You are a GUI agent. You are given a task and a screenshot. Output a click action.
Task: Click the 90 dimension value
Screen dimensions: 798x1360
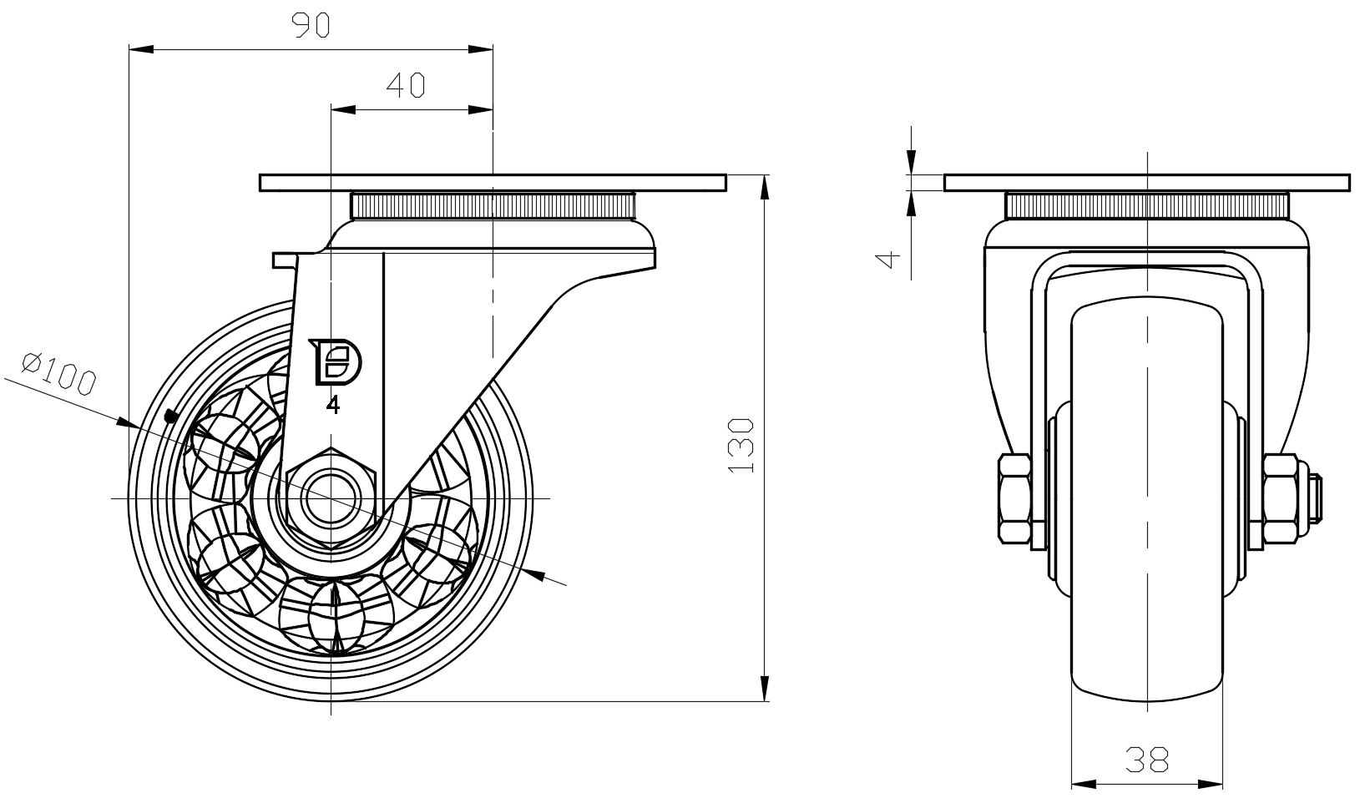click(311, 26)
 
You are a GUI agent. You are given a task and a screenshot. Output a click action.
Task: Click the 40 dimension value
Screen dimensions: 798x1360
click(407, 85)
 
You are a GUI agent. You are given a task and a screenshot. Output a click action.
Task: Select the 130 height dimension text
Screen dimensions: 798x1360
click(742, 445)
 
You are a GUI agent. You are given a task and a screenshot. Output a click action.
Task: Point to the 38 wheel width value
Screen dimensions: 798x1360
click(1147, 760)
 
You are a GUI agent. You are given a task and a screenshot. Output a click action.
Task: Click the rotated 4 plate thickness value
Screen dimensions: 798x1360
click(892, 258)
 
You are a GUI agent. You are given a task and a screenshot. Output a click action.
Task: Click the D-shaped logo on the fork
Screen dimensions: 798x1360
click(336, 362)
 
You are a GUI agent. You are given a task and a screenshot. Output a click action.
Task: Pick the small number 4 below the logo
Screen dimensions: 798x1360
click(333, 406)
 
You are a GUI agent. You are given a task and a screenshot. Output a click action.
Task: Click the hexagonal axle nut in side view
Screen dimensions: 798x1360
click(331, 498)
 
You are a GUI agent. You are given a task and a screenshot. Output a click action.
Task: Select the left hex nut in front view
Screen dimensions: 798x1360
click(1014, 498)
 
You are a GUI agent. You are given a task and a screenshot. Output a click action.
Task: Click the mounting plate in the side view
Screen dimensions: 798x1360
click(493, 183)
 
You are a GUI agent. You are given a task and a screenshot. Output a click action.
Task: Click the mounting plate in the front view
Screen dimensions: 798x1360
click(1147, 183)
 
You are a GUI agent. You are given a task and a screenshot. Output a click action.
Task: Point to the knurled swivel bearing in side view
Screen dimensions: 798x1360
click(493, 205)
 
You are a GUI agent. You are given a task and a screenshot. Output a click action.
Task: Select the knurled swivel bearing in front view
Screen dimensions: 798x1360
click(1147, 205)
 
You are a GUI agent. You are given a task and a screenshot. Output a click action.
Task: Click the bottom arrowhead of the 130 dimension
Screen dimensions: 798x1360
click(765, 689)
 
